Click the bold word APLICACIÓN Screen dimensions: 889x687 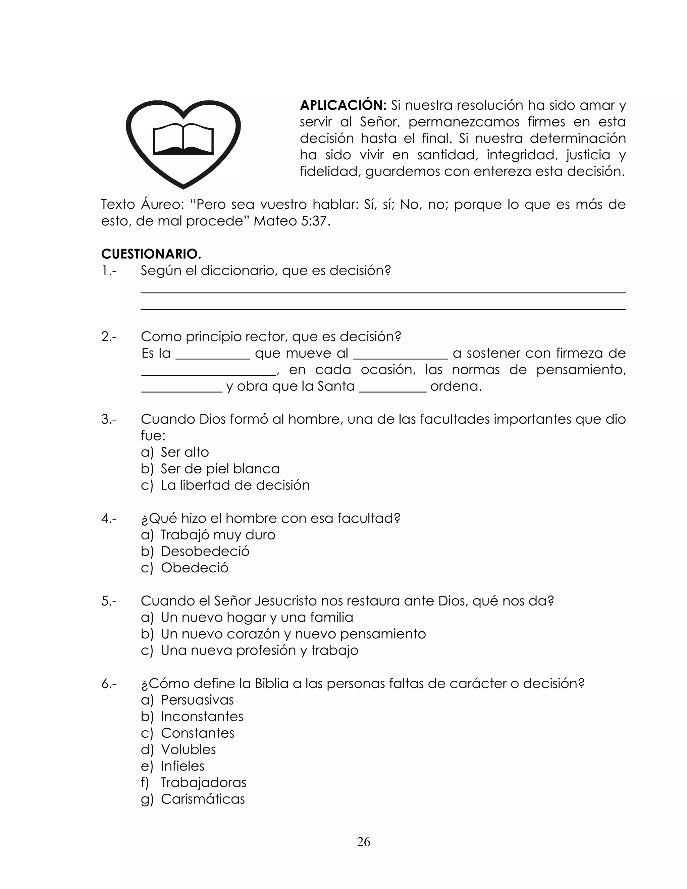click(343, 105)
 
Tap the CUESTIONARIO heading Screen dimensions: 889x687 click(151, 254)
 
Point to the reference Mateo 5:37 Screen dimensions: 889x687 click(292, 221)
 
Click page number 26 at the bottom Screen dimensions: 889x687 click(363, 842)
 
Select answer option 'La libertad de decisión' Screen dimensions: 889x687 click(235, 485)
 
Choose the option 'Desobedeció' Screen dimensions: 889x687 click(205, 551)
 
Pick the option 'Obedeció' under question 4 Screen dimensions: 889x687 click(195, 568)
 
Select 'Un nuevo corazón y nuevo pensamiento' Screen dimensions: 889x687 click(293, 634)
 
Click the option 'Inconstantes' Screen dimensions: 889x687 click(202, 717)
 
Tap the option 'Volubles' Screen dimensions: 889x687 click(188, 749)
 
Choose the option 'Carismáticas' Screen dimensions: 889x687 click(203, 799)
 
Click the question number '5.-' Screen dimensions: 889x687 click(109, 601)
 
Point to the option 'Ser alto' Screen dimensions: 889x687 click(184, 452)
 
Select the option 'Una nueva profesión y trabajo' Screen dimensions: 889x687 click(259, 650)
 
